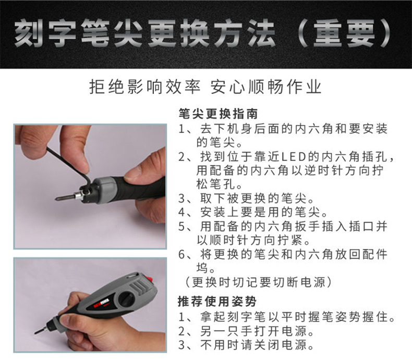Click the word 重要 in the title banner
tap(344, 33)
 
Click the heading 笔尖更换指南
tap(218, 114)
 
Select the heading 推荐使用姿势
tap(217, 301)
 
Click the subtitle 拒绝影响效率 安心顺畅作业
tap(205, 87)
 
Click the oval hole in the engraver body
tap(127, 297)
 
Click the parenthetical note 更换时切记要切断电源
tap(258, 282)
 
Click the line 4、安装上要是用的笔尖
tap(253, 212)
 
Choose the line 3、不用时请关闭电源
tap(246, 345)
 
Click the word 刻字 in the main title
tap(45, 33)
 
